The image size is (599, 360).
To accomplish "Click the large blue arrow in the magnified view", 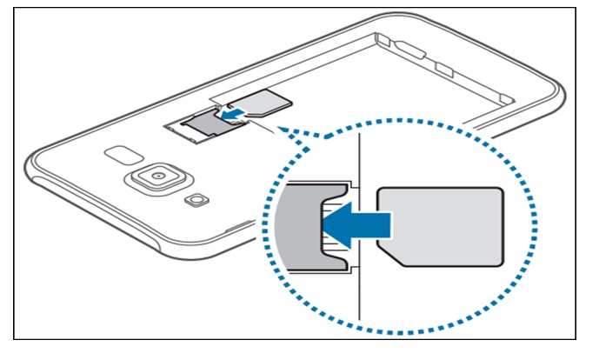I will [357, 225].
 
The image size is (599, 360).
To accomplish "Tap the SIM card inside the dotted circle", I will [441, 225].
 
